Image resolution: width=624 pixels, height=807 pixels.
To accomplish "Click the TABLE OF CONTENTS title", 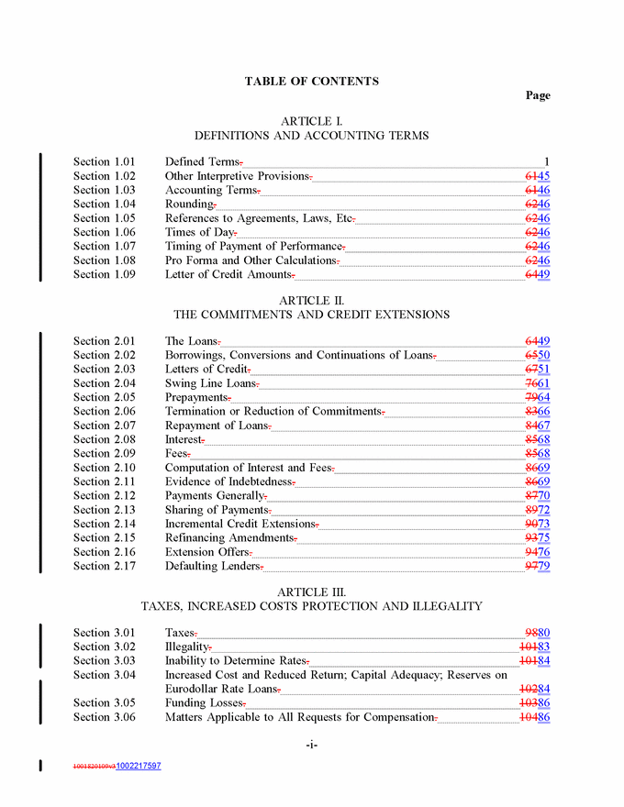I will [x=311, y=82].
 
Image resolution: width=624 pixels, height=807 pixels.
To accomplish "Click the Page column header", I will [x=538, y=95].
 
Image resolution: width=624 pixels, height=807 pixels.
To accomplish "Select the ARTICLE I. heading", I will [x=311, y=121].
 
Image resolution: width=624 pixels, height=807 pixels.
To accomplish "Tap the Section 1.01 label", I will [x=104, y=162].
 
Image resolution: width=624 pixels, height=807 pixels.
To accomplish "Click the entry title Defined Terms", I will [x=202, y=162].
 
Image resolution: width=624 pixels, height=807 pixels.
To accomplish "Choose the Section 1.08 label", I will [x=104, y=260].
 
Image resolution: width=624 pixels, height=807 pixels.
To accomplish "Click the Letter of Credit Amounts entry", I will [x=228, y=274].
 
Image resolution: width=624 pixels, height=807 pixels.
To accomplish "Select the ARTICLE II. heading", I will [x=311, y=300].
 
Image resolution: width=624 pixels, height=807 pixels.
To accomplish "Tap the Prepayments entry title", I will [x=195, y=397].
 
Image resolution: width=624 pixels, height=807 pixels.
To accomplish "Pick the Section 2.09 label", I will [x=104, y=453].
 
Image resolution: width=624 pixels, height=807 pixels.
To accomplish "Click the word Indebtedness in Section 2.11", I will [x=256, y=481].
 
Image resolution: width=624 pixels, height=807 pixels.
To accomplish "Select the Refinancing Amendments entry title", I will [x=229, y=537].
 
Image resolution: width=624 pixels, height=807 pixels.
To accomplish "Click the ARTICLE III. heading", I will [x=311, y=591].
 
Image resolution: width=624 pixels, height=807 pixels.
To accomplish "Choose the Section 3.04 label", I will [x=104, y=675].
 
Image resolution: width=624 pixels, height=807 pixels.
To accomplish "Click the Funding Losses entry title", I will [x=203, y=702].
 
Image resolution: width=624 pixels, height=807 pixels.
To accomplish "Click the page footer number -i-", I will [x=311, y=745].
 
